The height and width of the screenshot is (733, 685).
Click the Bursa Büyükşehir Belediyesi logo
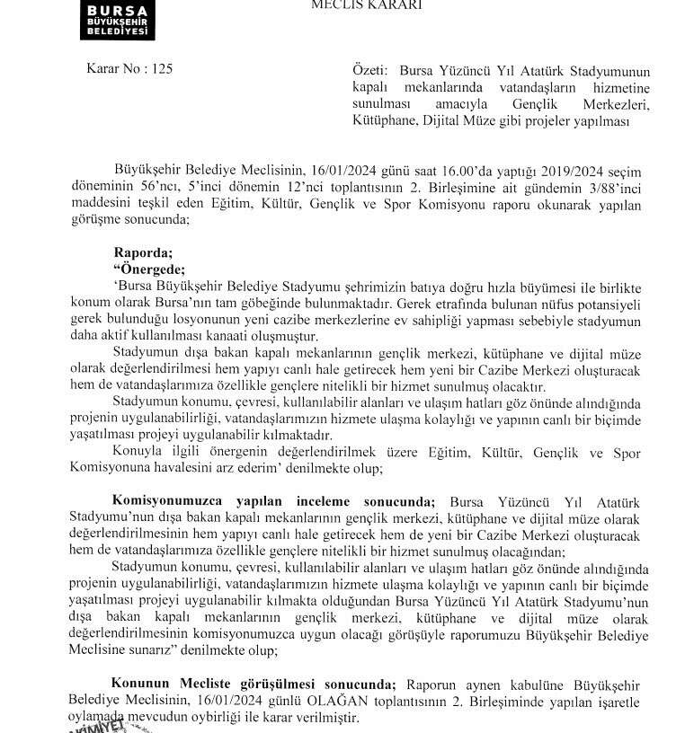click(x=117, y=19)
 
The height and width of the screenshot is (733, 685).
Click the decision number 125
click(x=161, y=67)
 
